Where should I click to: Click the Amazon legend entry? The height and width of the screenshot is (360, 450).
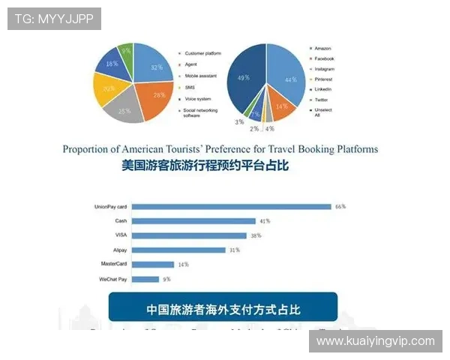click(322, 48)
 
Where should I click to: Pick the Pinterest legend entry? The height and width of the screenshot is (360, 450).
click(324, 79)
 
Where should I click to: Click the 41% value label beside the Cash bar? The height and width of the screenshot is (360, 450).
click(264, 221)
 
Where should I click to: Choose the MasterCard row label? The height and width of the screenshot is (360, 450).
click(114, 264)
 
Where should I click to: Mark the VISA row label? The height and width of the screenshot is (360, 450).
click(121, 235)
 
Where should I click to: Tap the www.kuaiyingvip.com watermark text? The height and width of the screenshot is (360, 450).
click(375, 341)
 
